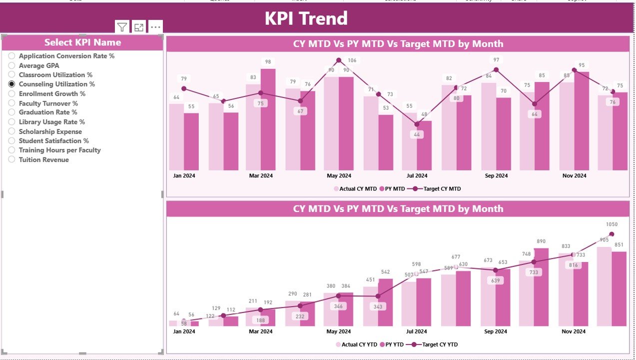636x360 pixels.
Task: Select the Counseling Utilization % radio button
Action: click(11, 84)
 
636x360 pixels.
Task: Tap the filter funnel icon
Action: click(122, 27)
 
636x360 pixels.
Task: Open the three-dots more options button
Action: click(155, 27)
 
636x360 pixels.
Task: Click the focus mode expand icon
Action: click(139, 27)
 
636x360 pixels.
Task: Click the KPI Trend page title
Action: click(306, 18)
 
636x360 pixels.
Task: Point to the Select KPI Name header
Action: click(82, 42)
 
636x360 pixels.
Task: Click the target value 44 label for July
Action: click(417, 134)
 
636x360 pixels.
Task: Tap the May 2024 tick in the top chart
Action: click(339, 175)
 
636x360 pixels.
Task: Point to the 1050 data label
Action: click(612, 224)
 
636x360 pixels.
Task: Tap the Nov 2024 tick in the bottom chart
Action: click(574, 331)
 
